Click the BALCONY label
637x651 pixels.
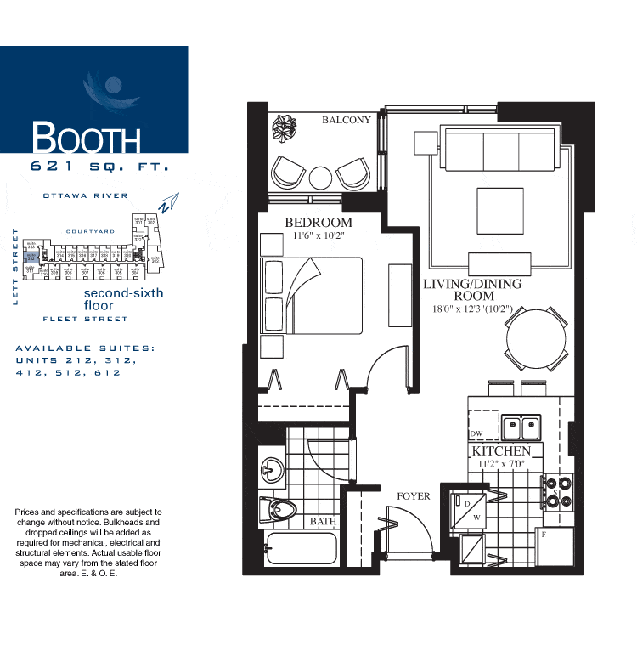(346, 120)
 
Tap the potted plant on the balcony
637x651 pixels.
(285, 129)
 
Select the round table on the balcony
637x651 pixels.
(321, 177)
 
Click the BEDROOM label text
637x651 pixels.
(318, 223)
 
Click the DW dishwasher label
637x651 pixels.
(476, 434)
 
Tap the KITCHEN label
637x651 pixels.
(501, 450)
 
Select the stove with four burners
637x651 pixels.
(559, 491)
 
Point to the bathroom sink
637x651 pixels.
(271, 468)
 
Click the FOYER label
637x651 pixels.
(414, 495)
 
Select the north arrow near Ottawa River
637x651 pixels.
(169, 202)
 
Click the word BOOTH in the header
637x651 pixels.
(86, 139)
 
